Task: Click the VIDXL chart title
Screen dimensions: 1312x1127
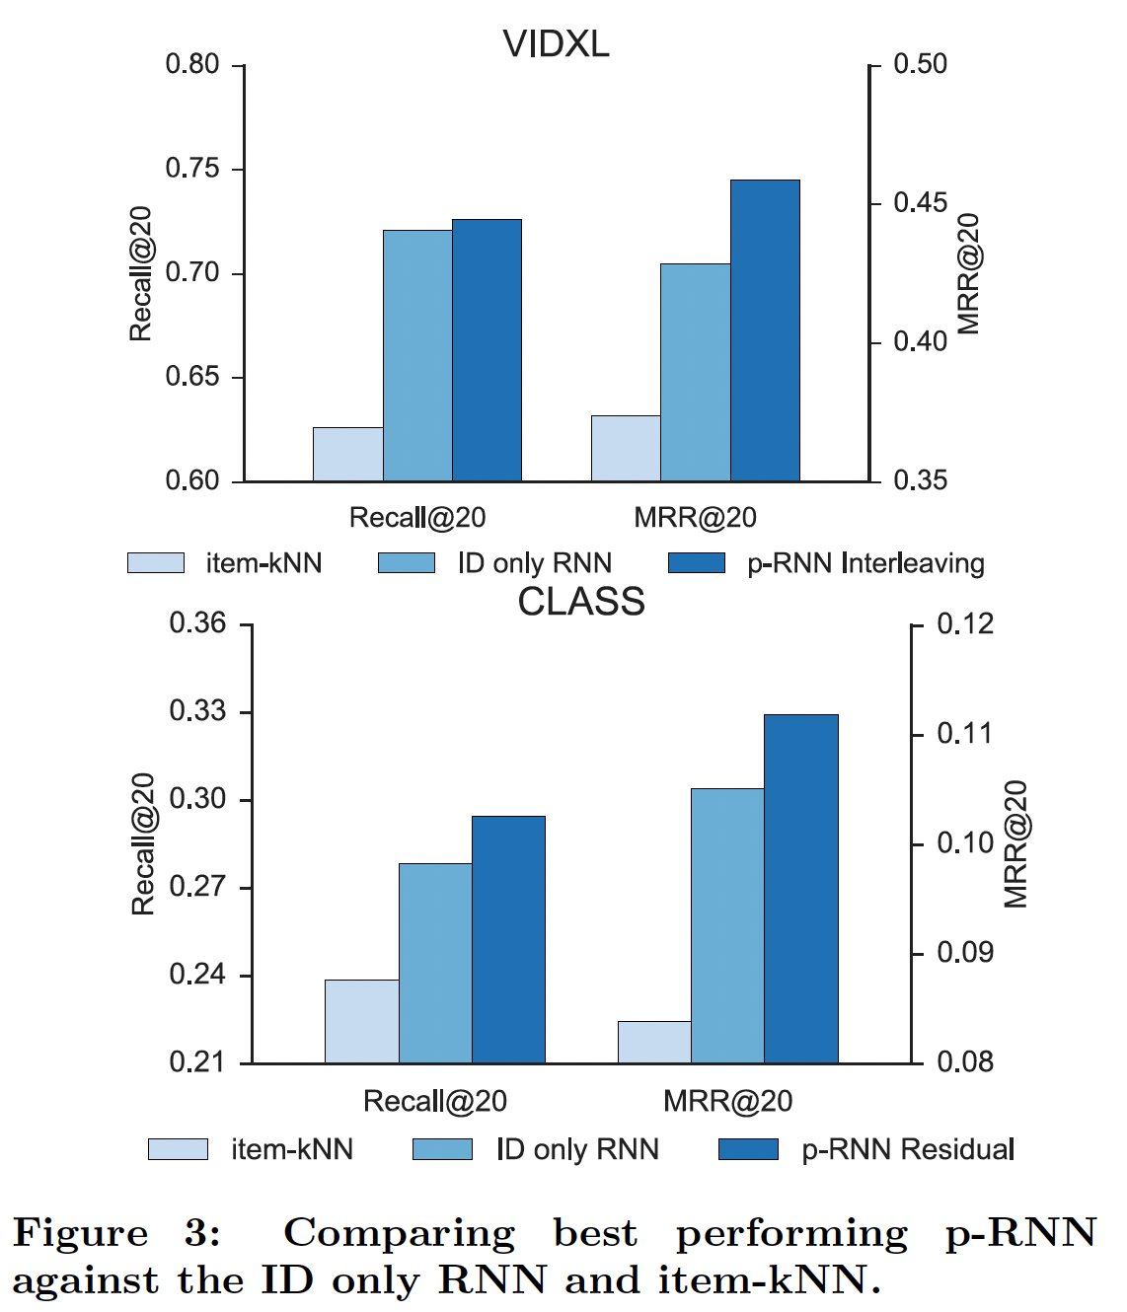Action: pos(556,44)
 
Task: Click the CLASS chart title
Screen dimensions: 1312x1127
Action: pos(581,602)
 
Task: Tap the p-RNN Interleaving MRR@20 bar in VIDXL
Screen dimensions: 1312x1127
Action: pos(765,330)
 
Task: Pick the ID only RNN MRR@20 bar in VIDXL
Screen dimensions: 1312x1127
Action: pos(695,372)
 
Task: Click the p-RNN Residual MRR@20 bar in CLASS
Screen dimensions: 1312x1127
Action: pos(800,888)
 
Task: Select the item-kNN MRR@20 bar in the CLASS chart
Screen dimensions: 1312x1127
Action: pos(654,1042)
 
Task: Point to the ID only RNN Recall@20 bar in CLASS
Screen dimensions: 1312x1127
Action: pos(435,963)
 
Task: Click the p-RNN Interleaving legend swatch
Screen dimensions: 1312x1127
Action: pos(697,563)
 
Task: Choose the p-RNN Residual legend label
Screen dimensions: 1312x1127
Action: pos(908,1149)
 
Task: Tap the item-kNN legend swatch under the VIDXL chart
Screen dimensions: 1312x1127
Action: pos(156,563)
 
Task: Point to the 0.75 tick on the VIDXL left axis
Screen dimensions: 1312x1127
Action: pos(192,169)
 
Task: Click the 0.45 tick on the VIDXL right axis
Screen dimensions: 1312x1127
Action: pos(920,203)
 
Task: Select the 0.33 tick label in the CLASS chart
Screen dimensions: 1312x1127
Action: pos(197,711)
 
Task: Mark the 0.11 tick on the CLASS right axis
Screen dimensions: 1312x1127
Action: pos(964,734)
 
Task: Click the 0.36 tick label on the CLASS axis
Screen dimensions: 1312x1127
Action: pos(197,623)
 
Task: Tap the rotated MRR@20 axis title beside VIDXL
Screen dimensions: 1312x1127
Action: pos(969,273)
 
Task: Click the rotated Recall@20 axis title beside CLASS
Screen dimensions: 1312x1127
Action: pos(144,843)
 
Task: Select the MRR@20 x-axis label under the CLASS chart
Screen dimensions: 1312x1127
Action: pos(727,1101)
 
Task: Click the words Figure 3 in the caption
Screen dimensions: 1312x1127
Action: pos(116,1233)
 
